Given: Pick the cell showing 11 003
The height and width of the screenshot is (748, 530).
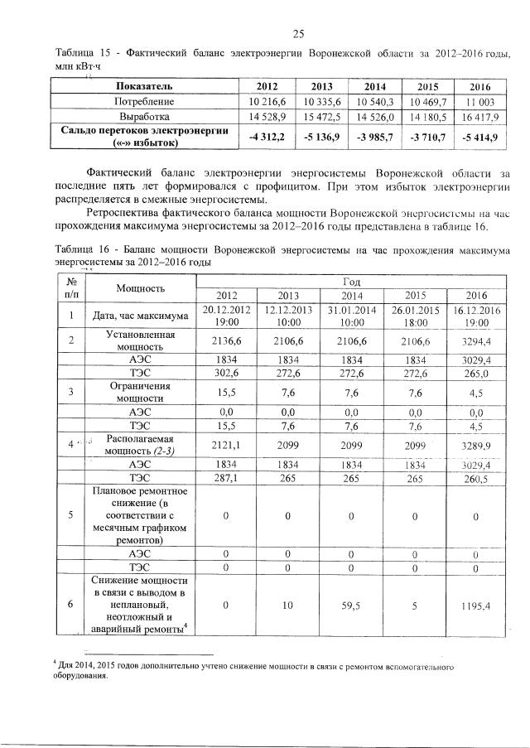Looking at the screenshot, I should tap(479, 101).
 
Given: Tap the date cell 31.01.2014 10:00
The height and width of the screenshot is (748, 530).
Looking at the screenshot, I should tap(352, 316).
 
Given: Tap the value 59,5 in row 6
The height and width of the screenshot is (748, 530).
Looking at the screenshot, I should tap(352, 606).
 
